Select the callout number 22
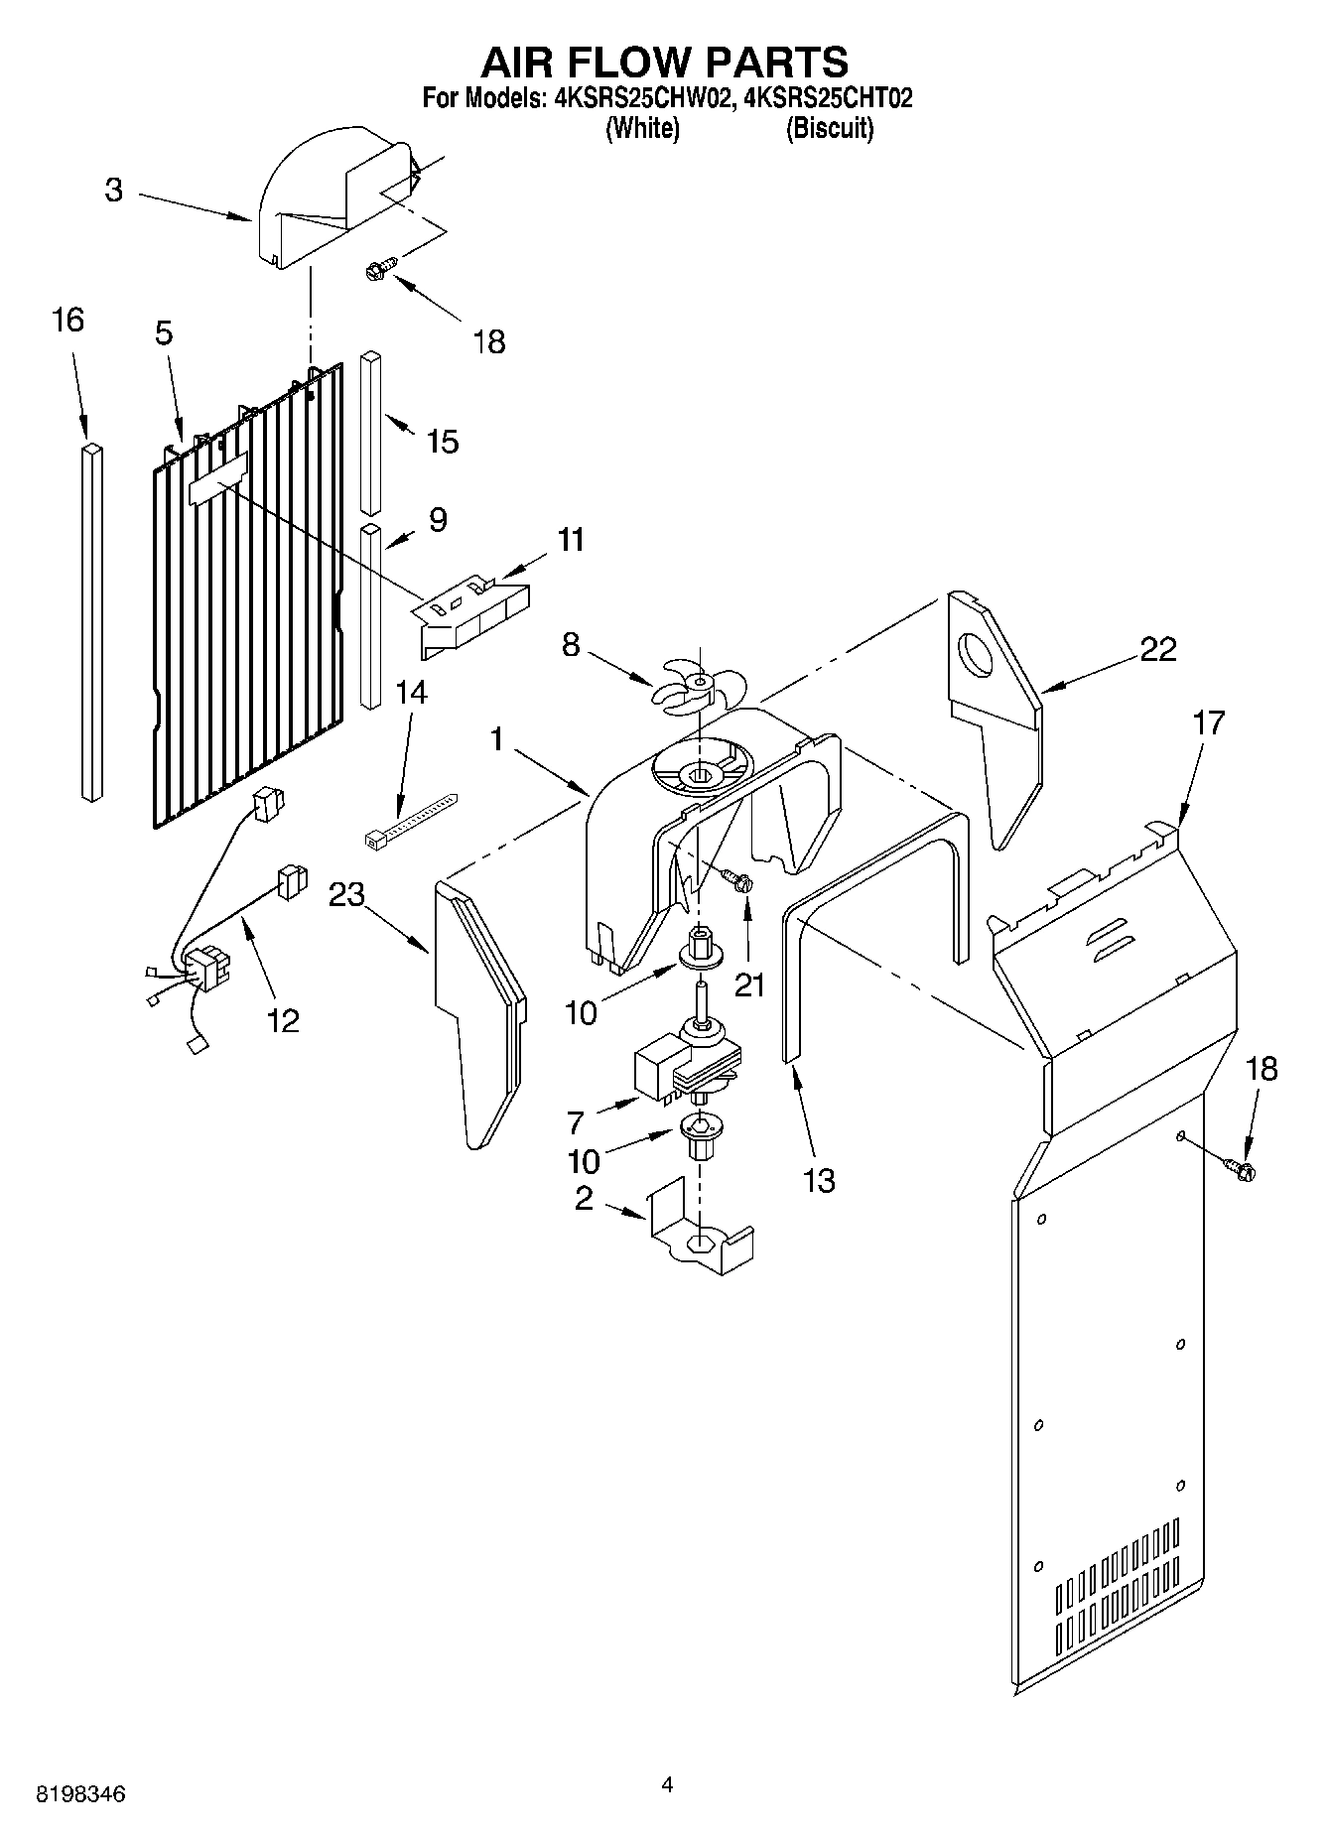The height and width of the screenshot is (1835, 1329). click(1157, 649)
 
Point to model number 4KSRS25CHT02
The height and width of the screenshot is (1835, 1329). click(828, 98)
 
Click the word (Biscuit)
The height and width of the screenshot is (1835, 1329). click(830, 129)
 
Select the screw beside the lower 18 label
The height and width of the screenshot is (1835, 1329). click(1240, 1170)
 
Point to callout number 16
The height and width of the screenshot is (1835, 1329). click(67, 321)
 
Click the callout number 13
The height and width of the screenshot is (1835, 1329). click(819, 1181)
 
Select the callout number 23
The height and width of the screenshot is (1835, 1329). click(347, 895)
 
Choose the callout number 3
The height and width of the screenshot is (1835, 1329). click(114, 190)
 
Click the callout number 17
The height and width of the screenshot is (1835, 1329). click(1209, 721)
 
